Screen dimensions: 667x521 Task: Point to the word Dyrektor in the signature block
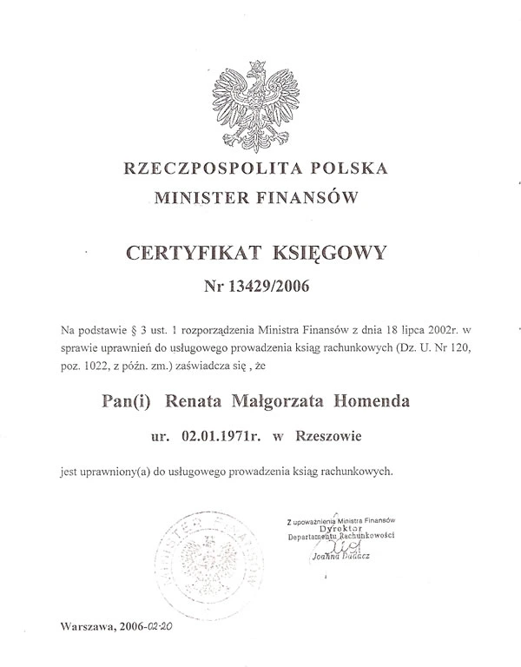point(340,527)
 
